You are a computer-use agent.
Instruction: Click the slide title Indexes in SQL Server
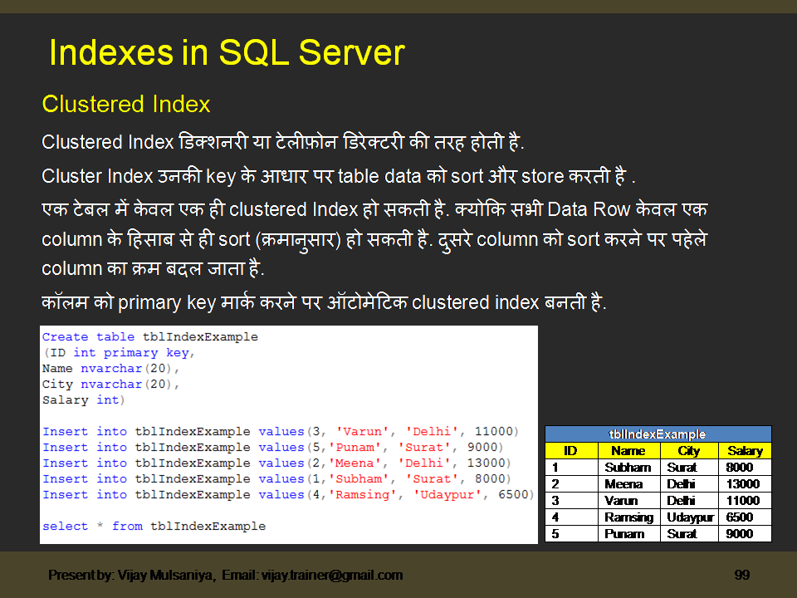227,53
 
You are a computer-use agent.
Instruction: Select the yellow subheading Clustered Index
126,105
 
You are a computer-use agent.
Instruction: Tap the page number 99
742,575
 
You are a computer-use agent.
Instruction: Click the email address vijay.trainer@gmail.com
332,575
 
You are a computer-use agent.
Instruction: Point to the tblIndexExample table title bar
658,434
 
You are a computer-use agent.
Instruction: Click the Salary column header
745,451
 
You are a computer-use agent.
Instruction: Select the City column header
689,451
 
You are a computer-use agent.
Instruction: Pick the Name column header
628,451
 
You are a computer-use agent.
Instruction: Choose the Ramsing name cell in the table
628,517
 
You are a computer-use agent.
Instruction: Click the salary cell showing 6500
739,517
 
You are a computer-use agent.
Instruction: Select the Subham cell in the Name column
628,468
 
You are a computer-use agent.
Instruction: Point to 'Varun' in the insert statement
363,432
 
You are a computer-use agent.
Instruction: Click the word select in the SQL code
65,526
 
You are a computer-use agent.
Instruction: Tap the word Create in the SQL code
65,337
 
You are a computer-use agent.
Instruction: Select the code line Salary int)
83,400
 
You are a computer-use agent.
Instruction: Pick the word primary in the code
130,353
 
